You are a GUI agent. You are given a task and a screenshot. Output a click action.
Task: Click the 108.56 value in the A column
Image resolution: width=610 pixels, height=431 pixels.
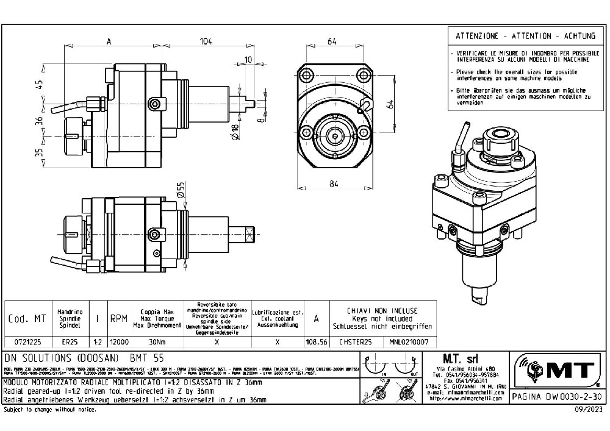(x=316, y=342)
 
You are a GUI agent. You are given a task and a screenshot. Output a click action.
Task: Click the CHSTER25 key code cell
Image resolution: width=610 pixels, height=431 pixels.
(x=355, y=342)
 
